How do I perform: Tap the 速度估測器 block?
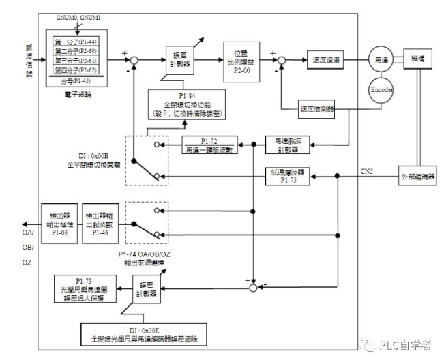[x=317, y=108]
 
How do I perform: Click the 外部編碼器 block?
[x=417, y=177]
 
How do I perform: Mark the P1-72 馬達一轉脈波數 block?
[x=209, y=145]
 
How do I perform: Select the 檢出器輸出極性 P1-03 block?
[x=58, y=217]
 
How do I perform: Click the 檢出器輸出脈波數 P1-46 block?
[x=100, y=217]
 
